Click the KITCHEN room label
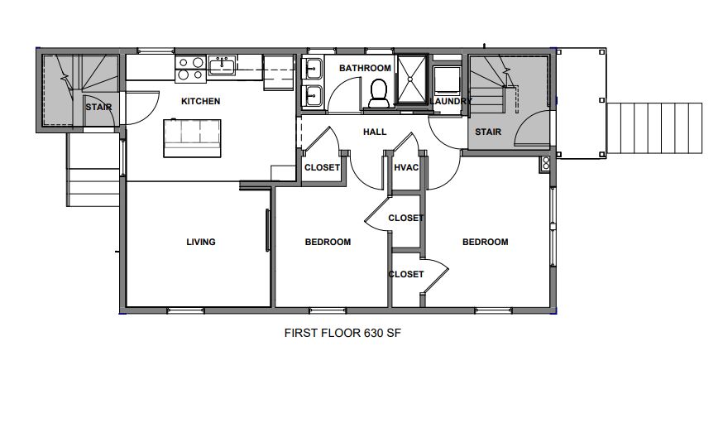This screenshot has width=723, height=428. [x=200, y=101]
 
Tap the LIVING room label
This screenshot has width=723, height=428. [x=200, y=242]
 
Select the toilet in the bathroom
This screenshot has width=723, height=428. [x=379, y=94]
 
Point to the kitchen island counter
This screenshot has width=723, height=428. [x=192, y=138]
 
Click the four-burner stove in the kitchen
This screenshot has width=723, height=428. [x=191, y=70]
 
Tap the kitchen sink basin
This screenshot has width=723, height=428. [x=222, y=65]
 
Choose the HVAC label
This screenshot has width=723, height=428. [x=406, y=167]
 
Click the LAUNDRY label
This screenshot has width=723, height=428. [x=451, y=101]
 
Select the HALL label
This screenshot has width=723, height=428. [x=375, y=132]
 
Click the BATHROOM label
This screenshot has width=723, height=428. [x=365, y=68]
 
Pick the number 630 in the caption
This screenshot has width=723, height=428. [x=374, y=333]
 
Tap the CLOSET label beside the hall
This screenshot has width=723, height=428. [x=322, y=167]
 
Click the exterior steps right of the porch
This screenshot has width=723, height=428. [x=654, y=128]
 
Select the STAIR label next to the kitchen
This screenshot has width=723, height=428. [x=98, y=108]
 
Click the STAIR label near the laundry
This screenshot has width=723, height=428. [x=488, y=132]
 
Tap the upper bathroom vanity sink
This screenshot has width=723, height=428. [x=313, y=70]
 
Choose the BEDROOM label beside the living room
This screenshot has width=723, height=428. [x=328, y=242]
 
